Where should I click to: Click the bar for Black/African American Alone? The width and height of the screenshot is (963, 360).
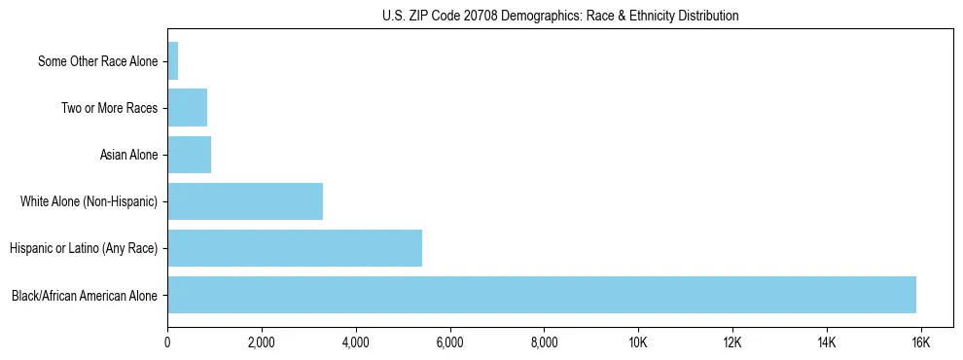coord(541,295)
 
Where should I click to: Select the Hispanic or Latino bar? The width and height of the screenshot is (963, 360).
coord(294,248)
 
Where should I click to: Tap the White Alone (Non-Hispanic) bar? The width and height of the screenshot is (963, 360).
coord(244,201)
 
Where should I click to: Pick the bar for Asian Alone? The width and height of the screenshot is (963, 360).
coord(189,155)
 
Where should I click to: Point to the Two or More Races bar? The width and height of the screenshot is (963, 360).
coord(187,108)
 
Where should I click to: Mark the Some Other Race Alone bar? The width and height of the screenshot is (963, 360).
coord(172,61)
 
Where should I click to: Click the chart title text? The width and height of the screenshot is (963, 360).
coord(560,16)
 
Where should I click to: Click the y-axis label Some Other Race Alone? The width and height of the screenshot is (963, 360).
coord(97,61)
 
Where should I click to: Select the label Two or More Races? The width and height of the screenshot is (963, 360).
coord(109,108)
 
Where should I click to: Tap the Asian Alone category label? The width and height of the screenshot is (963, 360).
coord(128,155)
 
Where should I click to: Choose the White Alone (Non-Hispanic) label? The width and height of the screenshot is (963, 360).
coord(89,201)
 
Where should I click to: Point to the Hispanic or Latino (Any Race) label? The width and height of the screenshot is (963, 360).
coord(83,248)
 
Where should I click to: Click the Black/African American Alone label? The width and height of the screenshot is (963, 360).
coord(85,295)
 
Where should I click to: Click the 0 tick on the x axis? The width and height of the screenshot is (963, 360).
coord(167,342)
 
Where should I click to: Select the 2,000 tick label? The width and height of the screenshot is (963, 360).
coord(262,342)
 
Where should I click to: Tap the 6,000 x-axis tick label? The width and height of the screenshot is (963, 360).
coord(449,342)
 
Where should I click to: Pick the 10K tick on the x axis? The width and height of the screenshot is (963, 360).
coord(638,342)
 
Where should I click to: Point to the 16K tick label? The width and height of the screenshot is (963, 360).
coord(920,342)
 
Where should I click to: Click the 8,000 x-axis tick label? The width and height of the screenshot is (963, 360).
coord(544,342)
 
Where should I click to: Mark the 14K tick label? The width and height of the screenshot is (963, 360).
coord(826,342)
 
